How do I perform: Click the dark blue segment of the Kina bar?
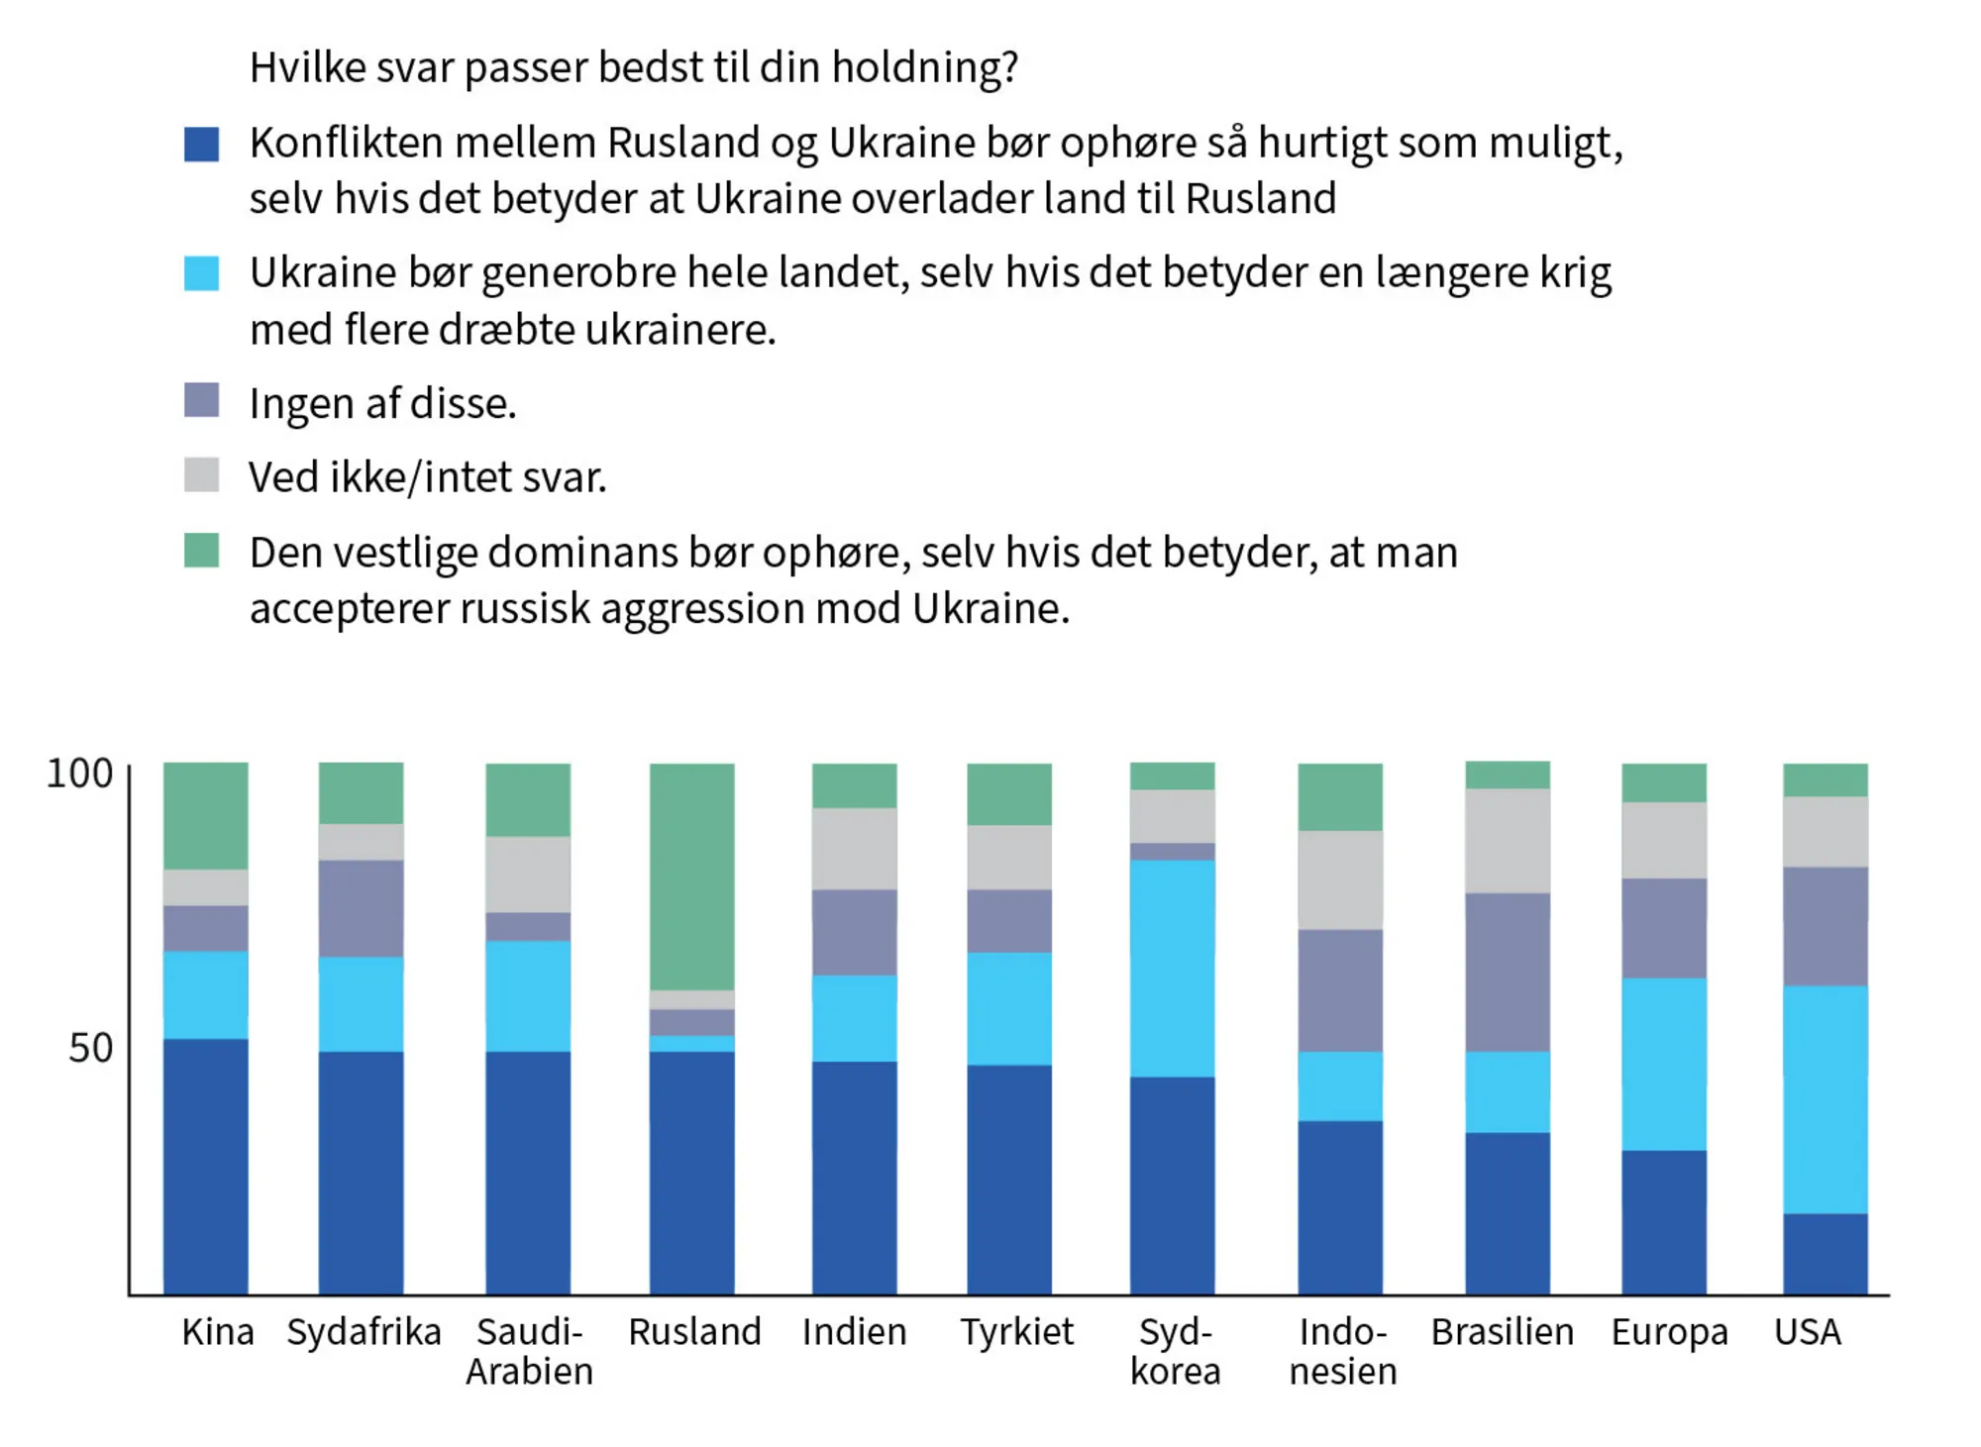(205, 1166)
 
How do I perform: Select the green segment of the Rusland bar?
(691, 876)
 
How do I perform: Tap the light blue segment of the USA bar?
(1825, 1098)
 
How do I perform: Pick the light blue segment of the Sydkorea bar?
(1172, 968)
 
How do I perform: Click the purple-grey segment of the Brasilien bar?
(1507, 972)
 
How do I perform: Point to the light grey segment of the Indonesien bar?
(1340, 879)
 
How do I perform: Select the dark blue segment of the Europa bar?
(1663, 1221)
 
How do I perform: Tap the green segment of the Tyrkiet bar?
(1008, 793)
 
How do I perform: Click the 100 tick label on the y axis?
(79, 774)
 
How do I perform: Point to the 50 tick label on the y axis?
(90, 1048)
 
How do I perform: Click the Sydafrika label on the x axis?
(364, 1332)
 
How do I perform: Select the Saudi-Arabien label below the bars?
(529, 1351)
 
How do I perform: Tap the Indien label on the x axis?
(854, 1332)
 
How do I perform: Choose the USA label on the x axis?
(1807, 1332)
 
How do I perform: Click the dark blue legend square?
(201, 144)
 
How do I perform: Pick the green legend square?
(201, 551)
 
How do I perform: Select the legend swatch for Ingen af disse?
(201, 400)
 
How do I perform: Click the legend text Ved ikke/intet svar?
(427, 477)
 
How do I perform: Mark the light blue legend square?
(201, 273)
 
